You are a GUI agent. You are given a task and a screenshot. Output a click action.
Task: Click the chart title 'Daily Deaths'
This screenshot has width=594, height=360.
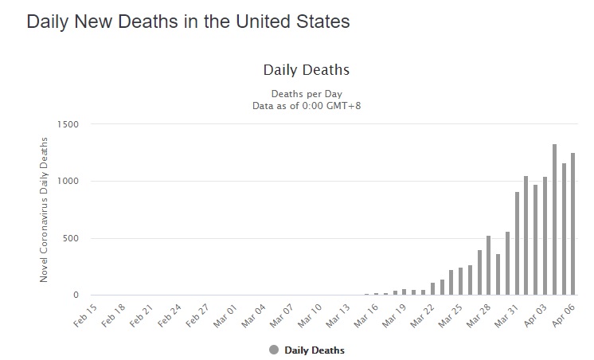pos(306,70)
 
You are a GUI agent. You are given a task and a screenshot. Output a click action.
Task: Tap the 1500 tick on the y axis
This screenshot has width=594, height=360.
pos(68,124)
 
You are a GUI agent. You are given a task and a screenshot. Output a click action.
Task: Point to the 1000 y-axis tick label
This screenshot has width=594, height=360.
pos(68,182)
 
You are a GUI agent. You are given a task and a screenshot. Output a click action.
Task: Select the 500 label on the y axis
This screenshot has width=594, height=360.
pos(70,239)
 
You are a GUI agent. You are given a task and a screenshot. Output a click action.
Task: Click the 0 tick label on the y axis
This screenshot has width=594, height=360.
pos(76,295)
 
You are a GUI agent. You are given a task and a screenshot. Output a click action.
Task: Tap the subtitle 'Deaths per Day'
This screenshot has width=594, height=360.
pos(306,94)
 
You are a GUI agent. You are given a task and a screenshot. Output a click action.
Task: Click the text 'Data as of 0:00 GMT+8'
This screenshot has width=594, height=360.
pos(306,105)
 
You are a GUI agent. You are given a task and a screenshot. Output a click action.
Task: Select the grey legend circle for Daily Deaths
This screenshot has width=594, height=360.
pos(275,350)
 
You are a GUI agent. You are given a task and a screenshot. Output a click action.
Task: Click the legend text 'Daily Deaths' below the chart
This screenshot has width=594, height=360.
pos(315,350)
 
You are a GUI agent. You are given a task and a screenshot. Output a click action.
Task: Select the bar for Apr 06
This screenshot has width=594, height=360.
pos(573,224)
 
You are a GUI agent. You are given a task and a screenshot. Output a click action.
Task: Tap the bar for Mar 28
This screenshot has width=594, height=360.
pos(488,265)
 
